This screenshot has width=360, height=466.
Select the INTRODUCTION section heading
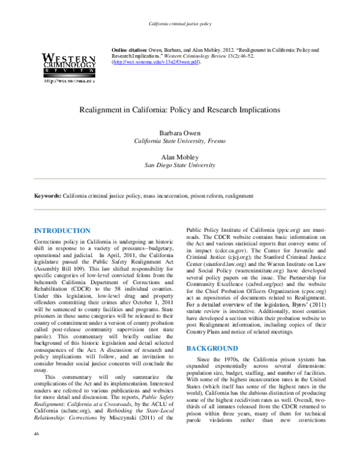pyautogui.click(x=62, y=231)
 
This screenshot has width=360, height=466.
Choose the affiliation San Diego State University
pyautogui.click(x=179, y=164)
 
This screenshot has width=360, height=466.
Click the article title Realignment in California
pyautogui.click(x=179, y=110)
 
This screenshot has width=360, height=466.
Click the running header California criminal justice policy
pyautogui.click(x=179, y=23)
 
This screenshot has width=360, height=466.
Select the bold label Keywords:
pyautogui.click(x=48, y=196)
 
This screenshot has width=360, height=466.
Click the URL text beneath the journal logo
pyautogui.click(x=69, y=82)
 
